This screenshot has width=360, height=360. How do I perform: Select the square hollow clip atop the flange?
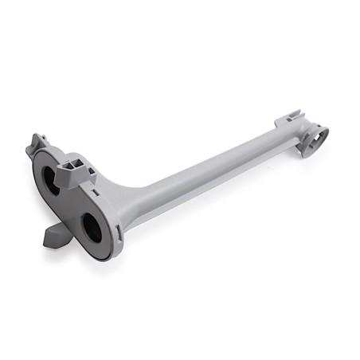coord(76,165)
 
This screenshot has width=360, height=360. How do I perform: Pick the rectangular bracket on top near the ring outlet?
coord(289,122)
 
